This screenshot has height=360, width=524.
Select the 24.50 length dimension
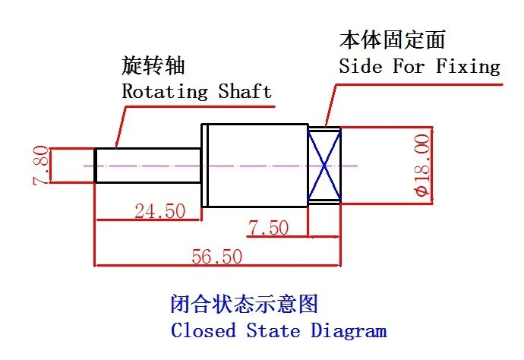point(159,210)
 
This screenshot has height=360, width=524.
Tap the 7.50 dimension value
point(267,227)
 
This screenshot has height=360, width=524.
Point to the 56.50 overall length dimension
point(217,256)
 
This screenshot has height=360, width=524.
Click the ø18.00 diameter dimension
point(424,165)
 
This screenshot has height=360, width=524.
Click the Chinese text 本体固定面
point(392,39)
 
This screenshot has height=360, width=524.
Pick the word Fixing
point(468,66)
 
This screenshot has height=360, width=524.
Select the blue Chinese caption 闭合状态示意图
point(243,305)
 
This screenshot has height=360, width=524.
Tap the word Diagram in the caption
point(349,331)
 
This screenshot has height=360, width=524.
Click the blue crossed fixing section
point(324,165)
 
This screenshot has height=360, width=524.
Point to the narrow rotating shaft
point(148,165)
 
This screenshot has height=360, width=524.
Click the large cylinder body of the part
point(254,165)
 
